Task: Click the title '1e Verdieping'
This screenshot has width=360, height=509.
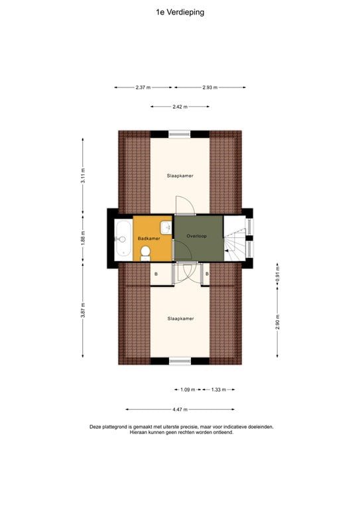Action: click(180, 11)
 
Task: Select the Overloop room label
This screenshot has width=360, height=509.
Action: click(197, 237)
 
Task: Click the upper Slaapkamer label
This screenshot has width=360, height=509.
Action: click(180, 176)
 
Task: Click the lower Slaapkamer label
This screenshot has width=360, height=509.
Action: click(180, 319)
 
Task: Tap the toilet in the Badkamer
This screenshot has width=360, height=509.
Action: click(146, 253)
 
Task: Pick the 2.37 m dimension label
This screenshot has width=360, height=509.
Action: click(143, 87)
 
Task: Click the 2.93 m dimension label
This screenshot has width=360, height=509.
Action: click(210, 87)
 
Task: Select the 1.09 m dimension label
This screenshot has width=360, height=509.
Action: click(188, 390)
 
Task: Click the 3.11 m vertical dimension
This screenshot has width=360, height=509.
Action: click(83, 176)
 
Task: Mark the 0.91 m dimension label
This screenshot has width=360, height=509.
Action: click(277, 278)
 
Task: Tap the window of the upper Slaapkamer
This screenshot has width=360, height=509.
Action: click(180, 134)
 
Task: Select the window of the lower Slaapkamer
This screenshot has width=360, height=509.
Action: click(180, 361)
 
